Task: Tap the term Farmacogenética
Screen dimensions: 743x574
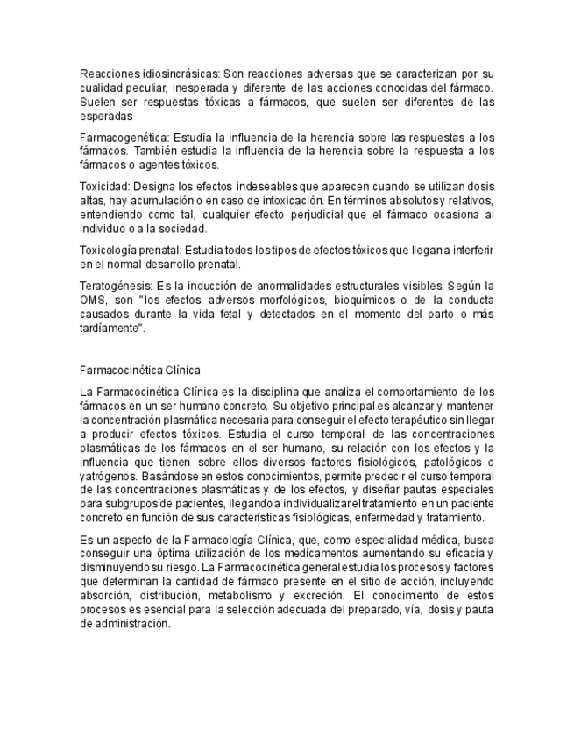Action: point(123,138)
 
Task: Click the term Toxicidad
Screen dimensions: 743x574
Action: point(104,188)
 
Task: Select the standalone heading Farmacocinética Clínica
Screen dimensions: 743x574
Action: point(139,371)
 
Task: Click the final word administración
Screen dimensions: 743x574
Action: point(124,624)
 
